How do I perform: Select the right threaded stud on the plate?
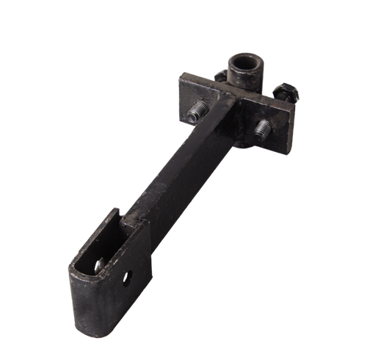[x=262, y=132]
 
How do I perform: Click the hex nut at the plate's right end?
[x=286, y=93]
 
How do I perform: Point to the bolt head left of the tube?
[x=221, y=74]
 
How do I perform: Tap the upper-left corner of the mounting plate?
[x=181, y=75]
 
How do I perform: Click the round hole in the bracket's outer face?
[x=129, y=278]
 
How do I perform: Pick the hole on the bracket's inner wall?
[x=100, y=263]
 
